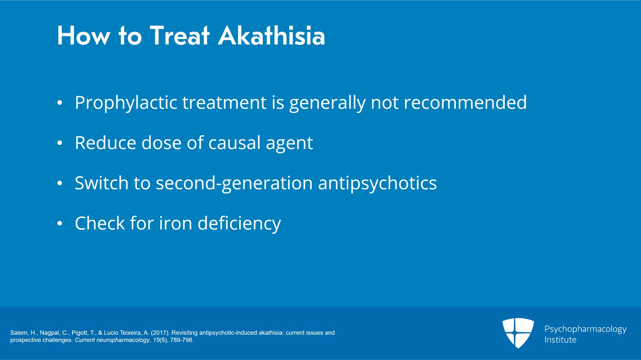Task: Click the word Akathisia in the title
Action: [x=271, y=36]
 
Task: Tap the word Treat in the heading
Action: [x=179, y=36]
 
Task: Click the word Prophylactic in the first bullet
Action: [x=126, y=103]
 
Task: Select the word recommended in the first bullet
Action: [x=465, y=102]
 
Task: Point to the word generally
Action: [x=327, y=103]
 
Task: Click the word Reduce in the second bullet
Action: [x=105, y=143]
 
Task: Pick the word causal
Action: [x=234, y=143]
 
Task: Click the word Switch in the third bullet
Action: [x=102, y=183]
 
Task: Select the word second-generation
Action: [x=234, y=183]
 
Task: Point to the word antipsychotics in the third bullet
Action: [x=377, y=183]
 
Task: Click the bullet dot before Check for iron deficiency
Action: [x=60, y=223]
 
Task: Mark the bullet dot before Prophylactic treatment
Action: [x=60, y=103]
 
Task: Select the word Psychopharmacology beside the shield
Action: [x=585, y=330]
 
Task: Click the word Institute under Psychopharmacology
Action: [x=560, y=340]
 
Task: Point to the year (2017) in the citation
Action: [x=160, y=333]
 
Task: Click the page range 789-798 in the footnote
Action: [x=181, y=340]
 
